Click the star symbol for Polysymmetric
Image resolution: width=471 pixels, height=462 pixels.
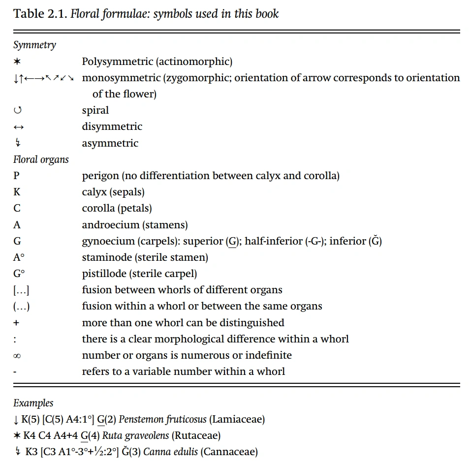[x=17, y=62]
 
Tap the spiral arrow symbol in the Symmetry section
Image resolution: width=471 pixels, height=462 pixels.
[x=17, y=111]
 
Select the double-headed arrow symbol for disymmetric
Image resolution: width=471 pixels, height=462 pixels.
[x=18, y=127]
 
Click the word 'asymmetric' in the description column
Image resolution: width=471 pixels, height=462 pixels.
[x=110, y=143]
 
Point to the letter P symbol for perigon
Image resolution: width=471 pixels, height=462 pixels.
[x=17, y=176]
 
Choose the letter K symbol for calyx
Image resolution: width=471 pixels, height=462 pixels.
[x=17, y=192]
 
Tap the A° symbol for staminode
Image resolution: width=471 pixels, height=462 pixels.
[x=19, y=257]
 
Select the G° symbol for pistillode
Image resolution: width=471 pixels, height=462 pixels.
[x=19, y=274]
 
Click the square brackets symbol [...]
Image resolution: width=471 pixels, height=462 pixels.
[x=21, y=290]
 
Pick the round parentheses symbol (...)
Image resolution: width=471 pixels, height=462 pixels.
[x=21, y=306]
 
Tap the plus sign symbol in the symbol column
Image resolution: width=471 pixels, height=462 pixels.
[x=17, y=323]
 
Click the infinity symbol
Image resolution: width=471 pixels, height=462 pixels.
[x=17, y=355]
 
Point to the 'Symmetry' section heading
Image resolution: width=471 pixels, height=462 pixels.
[x=34, y=45]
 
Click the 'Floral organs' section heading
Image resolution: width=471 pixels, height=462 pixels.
[x=41, y=159]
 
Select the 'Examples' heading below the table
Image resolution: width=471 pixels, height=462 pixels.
[x=33, y=403]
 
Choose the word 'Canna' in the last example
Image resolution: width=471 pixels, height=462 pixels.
[x=157, y=452]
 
